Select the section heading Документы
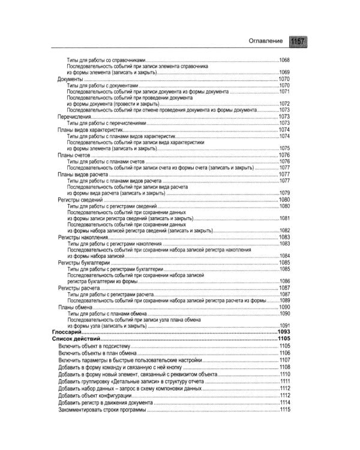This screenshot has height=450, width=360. [x=70, y=79]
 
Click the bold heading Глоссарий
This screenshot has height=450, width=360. [x=67, y=332]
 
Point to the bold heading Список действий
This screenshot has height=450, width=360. [x=76, y=339]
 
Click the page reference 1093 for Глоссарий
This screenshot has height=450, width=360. [x=284, y=332]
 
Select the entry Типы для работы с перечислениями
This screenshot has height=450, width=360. [x=107, y=123]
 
